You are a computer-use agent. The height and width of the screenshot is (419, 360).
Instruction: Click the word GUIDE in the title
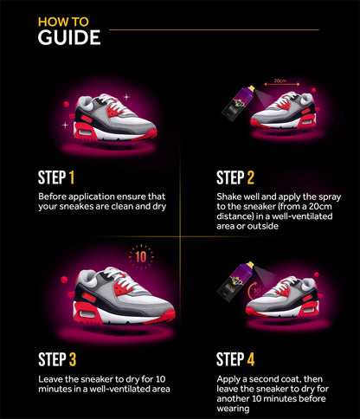[x=69, y=37]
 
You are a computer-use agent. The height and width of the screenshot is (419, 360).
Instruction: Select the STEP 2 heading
[x=235, y=178]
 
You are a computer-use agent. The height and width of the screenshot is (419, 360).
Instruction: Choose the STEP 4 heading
[x=235, y=359]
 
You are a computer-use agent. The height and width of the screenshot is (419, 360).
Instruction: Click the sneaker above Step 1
[x=115, y=117]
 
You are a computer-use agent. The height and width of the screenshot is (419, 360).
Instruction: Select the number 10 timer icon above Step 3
[x=139, y=255]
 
